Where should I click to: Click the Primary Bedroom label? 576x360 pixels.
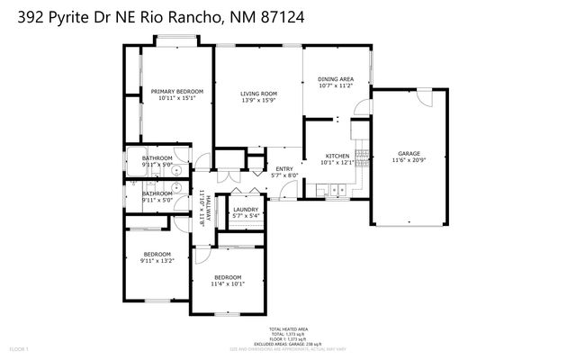coord(176,92)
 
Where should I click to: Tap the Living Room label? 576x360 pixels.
coord(258,94)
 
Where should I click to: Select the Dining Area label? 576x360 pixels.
coord(336,79)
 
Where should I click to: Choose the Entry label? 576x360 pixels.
coord(284,168)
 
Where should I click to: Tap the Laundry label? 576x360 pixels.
coord(246,210)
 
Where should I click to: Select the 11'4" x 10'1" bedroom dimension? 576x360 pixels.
coord(228,284)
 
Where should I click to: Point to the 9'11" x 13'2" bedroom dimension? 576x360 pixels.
coord(157,261)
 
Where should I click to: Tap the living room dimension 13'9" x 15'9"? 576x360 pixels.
coord(258,101)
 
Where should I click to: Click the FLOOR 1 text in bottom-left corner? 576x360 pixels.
coord(19,348)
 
